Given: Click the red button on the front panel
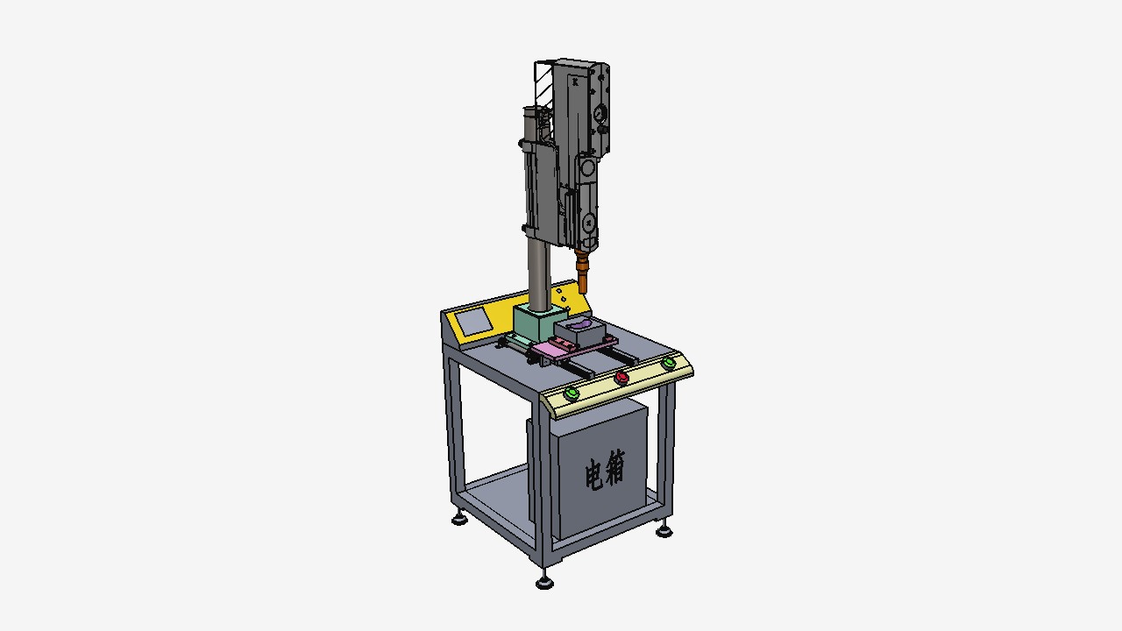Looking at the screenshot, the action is (621, 378).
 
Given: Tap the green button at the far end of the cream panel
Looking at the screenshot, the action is (668, 363).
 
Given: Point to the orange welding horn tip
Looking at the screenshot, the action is (583, 273).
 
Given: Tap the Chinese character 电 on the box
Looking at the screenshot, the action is (594, 474).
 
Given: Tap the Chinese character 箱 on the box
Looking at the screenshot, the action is (615, 467).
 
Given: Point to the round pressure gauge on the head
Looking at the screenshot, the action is (600, 113).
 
